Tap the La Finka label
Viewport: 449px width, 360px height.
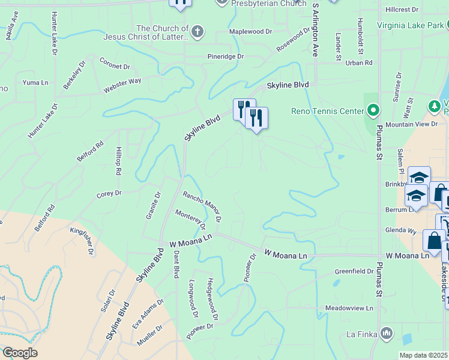361,333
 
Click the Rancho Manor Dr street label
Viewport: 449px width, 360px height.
202,206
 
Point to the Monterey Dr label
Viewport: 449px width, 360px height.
190,220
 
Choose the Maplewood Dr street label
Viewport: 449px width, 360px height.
250,32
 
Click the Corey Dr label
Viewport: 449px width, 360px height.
109,194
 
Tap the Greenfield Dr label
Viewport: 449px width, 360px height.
354,271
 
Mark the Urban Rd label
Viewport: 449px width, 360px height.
359,62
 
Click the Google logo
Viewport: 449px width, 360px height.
19,353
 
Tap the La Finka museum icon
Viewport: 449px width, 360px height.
387,332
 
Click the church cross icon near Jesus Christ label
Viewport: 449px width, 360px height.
198,31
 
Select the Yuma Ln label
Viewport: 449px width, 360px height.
35,82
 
